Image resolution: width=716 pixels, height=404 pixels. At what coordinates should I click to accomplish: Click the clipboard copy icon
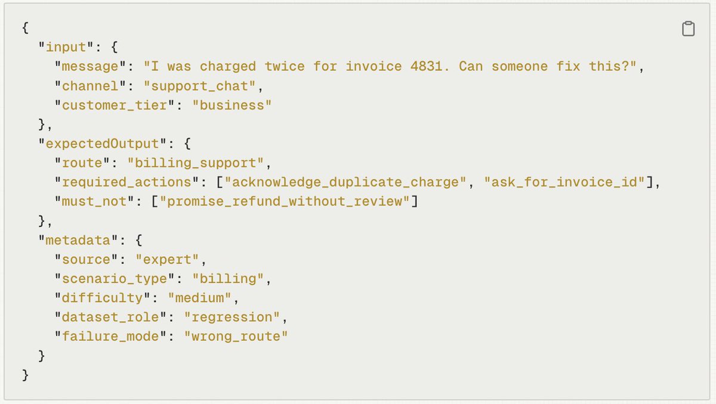coord(688,29)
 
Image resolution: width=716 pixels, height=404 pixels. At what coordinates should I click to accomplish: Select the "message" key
coord(90,67)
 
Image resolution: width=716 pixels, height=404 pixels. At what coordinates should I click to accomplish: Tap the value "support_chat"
coord(199,86)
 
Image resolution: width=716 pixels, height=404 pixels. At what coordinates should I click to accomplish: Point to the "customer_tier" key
coord(114,105)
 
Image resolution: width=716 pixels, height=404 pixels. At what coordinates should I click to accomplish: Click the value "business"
coord(232,105)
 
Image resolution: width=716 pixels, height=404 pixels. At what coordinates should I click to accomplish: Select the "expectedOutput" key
coord(102,144)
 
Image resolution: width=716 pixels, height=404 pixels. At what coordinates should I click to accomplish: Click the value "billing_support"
coord(195,163)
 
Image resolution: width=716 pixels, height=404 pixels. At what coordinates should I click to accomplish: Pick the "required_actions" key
coord(126,182)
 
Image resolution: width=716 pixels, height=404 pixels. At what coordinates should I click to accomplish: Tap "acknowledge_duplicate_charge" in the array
coord(345,182)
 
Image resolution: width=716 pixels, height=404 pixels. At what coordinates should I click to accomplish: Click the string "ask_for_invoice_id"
coord(564,182)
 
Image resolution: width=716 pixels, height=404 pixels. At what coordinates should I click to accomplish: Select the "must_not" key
coord(94,201)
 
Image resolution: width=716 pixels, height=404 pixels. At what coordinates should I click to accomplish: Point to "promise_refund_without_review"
coord(285,201)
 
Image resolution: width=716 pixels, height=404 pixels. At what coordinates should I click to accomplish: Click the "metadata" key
coord(78,240)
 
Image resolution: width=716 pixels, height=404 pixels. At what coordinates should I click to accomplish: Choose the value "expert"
coord(167,260)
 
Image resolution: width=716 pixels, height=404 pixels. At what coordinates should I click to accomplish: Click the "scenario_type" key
coord(114,279)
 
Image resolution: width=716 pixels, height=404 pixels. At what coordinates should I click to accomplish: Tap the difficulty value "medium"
coord(199,298)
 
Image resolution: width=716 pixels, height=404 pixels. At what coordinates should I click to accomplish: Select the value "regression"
coord(232,317)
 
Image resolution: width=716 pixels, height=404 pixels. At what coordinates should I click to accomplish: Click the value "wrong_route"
coord(236,337)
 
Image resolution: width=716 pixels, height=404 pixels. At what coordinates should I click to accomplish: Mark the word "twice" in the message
coord(284,67)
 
